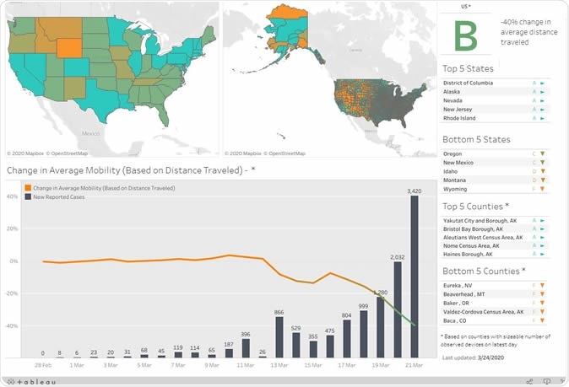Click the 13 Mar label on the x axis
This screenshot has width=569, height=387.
pyautogui.click(x=279, y=366)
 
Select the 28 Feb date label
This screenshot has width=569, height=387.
pyautogui.click(x=43, y=366)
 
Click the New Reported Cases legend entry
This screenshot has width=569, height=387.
pyautogui.click(x=60, y=196)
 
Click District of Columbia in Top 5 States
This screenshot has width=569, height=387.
pyautogui.click(x=475, y=83)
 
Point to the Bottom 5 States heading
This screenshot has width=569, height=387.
pyautogui.click(x=476, y=139)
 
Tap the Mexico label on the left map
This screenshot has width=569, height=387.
pyautogui.click(x=90, y=133)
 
